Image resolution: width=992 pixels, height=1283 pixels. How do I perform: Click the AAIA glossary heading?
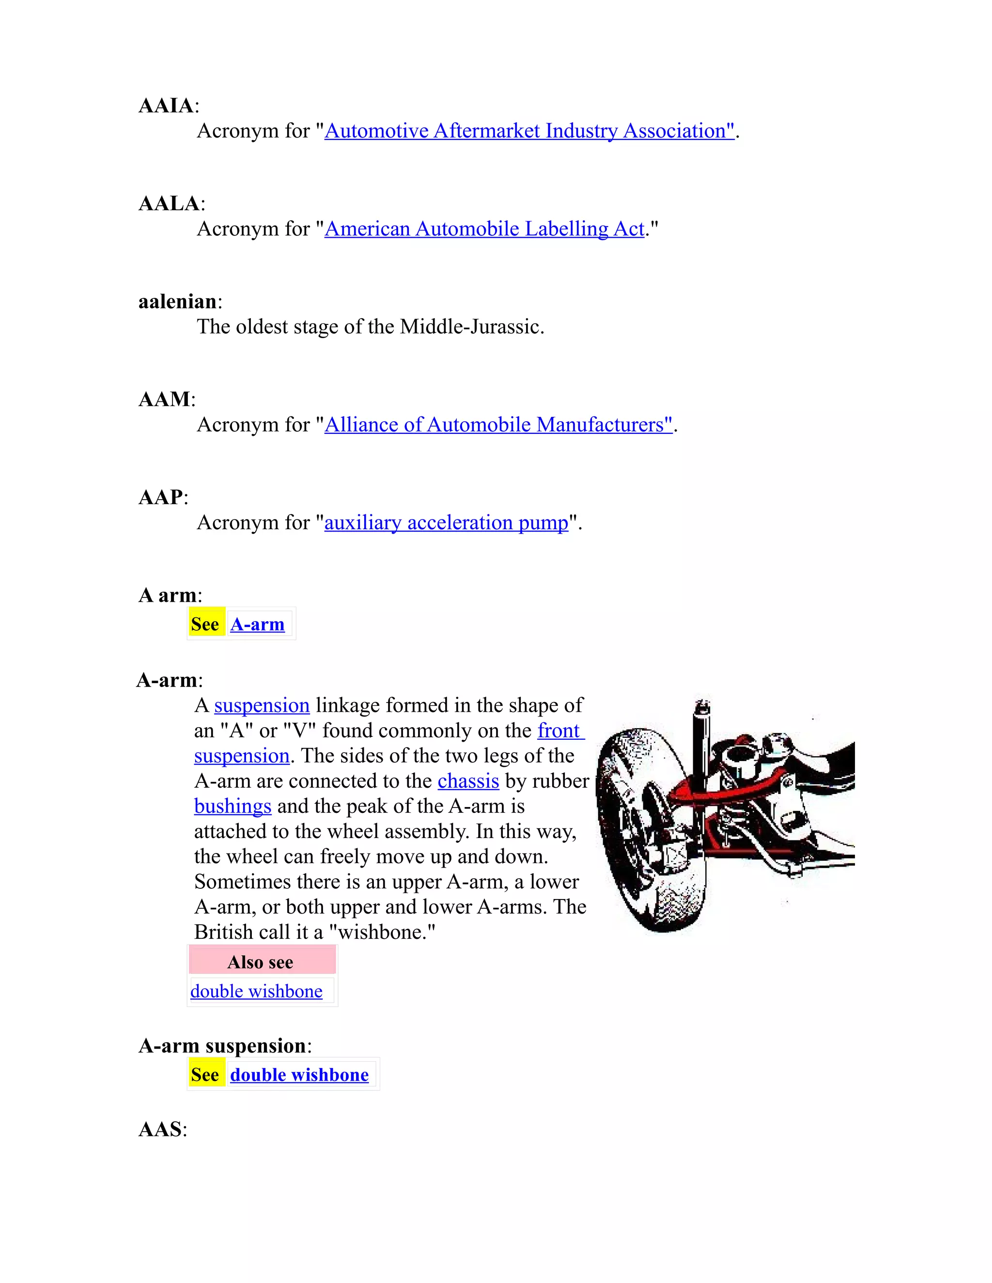(x=166, y=106)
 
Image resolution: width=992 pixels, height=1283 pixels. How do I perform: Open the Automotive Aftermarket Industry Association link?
(x=529, y=131)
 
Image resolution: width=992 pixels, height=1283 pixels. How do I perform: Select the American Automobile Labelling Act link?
(x=484, y=229)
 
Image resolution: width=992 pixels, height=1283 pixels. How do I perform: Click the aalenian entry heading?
(x=177, y=302)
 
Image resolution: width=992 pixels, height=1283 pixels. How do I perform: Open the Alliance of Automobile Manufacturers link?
(x=498, y=425)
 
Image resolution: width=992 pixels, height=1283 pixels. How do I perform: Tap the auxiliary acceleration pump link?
(x=446, y=523)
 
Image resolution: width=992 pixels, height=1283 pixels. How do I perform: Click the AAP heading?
(x=160, y=498)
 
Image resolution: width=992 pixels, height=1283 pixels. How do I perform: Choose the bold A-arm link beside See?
(x=257, y=624)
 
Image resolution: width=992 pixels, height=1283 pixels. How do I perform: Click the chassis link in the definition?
(x=468, y=781)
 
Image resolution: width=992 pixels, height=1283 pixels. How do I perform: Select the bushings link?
(x=232, y=807)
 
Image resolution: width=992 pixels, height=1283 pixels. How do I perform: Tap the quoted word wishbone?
(x=382, y=932)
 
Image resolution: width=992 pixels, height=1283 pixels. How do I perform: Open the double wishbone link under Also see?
(x=256, y=992)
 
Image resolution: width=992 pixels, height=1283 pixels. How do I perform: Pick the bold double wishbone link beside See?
(x=299, y=1075)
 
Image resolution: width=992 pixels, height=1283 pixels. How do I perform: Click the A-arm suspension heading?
(x=222, y=1046)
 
